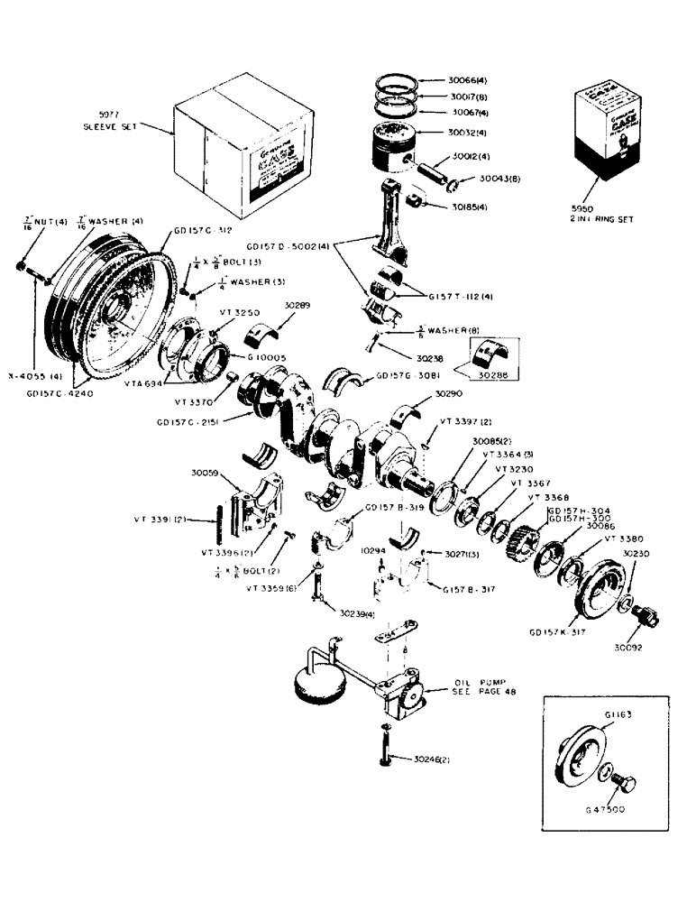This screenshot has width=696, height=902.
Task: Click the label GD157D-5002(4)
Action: [288, 244]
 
